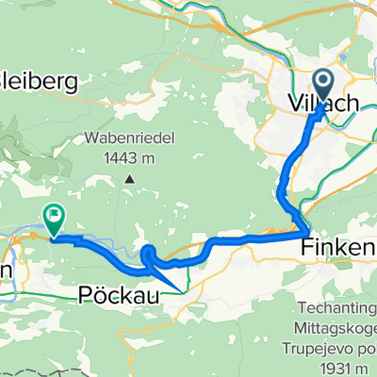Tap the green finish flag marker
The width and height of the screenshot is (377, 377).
(54, 220)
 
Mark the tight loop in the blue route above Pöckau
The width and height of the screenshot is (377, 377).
(151, 254)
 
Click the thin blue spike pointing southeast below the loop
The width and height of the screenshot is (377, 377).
(179, 287)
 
